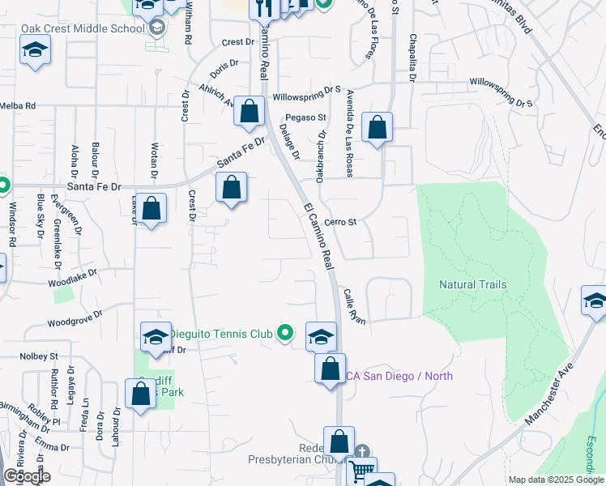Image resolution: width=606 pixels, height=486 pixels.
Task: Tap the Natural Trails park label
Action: coord(473,284)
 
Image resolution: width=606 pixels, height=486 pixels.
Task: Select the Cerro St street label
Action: coord(340,222)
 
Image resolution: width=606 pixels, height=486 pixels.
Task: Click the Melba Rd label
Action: coord(18,105)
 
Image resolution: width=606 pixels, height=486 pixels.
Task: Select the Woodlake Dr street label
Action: coord(73,278)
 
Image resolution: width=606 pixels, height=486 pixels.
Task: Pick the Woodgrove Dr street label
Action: coord(75,318)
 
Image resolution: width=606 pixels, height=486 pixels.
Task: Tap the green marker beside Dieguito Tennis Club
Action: coord(284,332)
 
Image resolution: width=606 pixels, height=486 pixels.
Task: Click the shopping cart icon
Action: coord(361,470)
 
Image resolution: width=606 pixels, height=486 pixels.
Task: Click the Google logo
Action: coord(26,476)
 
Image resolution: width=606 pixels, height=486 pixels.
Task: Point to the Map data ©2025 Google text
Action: coord(555,480)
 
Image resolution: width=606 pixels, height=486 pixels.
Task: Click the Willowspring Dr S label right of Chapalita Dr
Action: coord(502,92)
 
